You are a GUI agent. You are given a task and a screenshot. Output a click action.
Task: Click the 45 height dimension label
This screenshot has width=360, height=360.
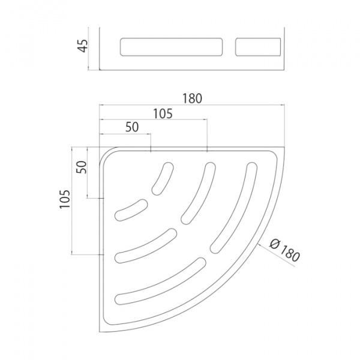tap(82, 46)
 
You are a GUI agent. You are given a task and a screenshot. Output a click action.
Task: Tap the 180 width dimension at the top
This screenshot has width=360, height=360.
tap(192, 98)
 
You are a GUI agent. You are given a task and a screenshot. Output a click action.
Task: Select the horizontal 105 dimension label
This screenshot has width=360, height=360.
tap(163, 113)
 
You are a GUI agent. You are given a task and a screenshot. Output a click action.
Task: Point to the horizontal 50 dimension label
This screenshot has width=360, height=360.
tap(132, 127)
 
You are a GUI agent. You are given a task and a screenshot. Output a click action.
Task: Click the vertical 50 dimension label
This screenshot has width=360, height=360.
tap(82, 167)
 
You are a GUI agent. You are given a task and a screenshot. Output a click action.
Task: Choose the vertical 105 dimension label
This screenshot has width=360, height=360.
tap(65, 199)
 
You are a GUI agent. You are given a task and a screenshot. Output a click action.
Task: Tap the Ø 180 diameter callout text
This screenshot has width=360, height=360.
tap(284, 250)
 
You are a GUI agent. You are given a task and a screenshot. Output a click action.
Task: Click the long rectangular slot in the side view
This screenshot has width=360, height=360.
tap(171, 47)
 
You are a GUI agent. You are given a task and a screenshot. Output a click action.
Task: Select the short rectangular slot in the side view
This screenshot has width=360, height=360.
tap(258, 47)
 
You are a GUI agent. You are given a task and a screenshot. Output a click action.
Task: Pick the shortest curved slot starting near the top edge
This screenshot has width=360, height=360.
tap(163, 178)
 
